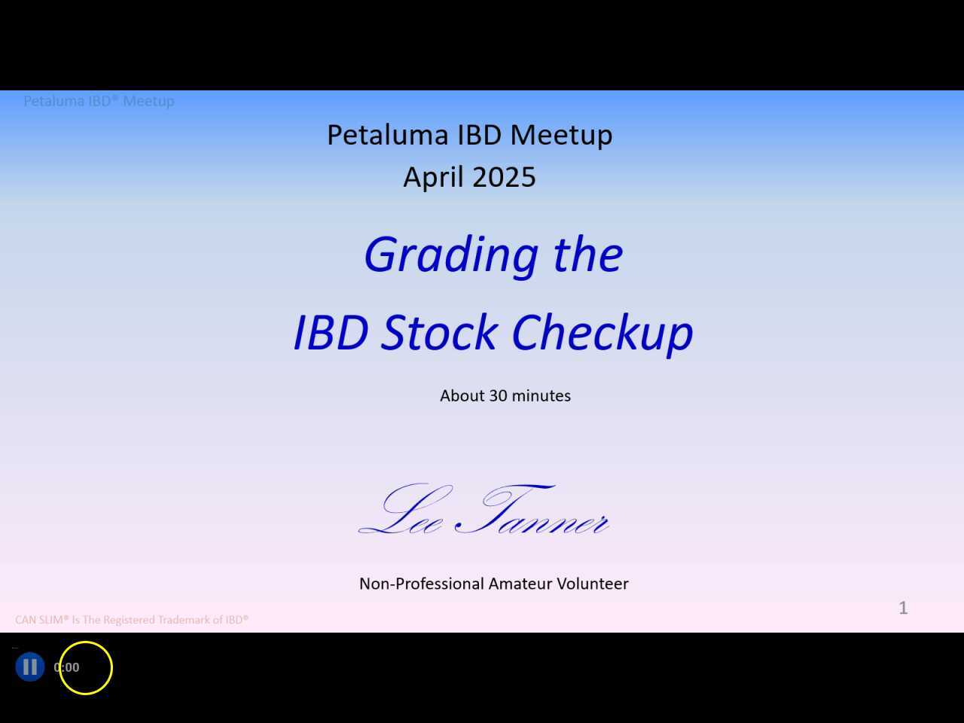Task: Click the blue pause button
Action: (30, 667)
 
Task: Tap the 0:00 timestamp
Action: (66, 667)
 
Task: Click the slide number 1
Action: (903, 608)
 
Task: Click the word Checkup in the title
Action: (602, 333)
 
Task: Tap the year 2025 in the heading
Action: (505, 178)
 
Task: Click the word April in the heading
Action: (435, 178)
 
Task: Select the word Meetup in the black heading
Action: (561, 136)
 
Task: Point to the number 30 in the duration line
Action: (498, 396)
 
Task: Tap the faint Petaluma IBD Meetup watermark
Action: (99, 101)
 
